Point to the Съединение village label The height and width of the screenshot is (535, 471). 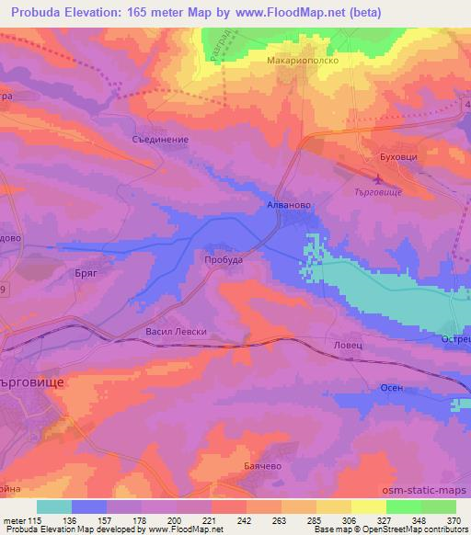tap(162, 140)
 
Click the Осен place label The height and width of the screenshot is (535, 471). tap(392, 388)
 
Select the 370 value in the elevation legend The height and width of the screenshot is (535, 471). tap(454, 519)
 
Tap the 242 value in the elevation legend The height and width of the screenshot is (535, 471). tap(245, 519)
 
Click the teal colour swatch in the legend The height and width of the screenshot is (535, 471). tap(54, 507)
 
